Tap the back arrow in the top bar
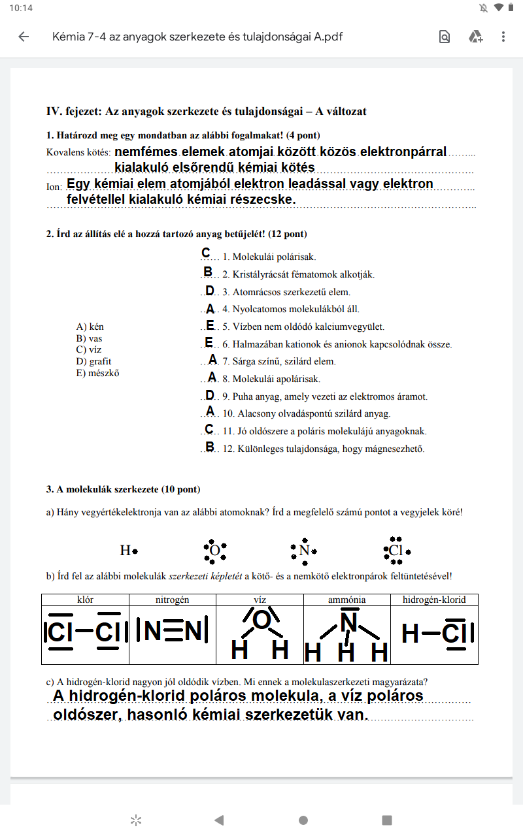(24, 37)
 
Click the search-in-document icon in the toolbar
(445, 37)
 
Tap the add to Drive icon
(475, 37)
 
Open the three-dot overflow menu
(503, 37)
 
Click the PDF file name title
(197, 37)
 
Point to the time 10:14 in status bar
(21, 8)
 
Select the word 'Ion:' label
(54, 187)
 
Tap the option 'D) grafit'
(94, 361)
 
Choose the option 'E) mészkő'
(97, 374)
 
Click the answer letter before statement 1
(206, 253)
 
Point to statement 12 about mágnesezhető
(324, 449)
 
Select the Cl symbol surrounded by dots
(396, 551)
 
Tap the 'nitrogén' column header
(172, 599)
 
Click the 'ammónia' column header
(346, 599)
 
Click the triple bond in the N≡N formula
(173, 630)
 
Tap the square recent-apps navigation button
(387, 820)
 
